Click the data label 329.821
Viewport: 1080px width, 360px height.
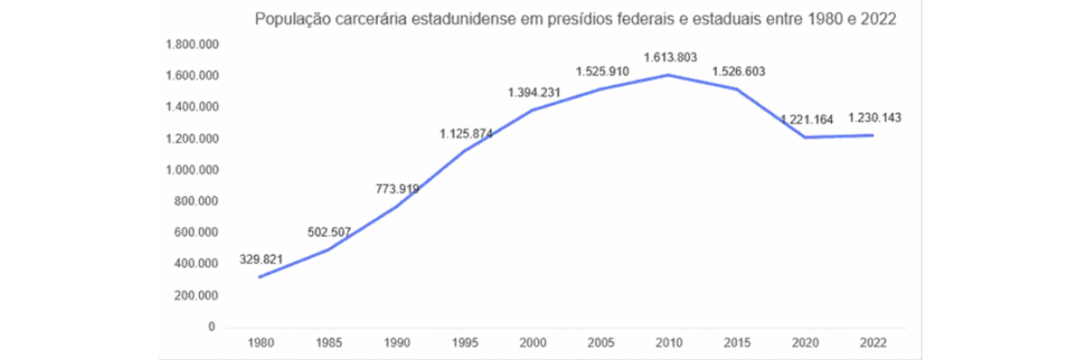tap(261, 259)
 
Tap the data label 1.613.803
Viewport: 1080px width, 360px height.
tap(670, 58)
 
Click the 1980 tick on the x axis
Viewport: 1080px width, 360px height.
tap(259, 342)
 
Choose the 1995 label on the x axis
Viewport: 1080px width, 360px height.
tap(464, 342)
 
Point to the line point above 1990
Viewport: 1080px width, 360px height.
tap(396, 206)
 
